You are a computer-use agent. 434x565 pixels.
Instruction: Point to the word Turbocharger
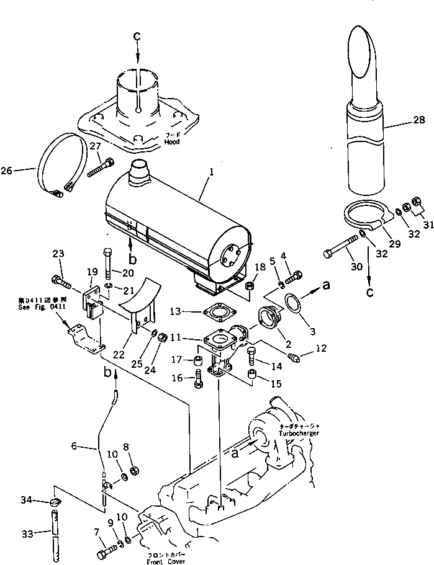pos(299,433)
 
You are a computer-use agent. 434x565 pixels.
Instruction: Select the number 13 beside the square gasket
pos(176,310)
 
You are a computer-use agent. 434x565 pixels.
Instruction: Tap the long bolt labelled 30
pos(339,252)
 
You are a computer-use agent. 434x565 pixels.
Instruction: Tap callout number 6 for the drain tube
pos(73,445)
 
